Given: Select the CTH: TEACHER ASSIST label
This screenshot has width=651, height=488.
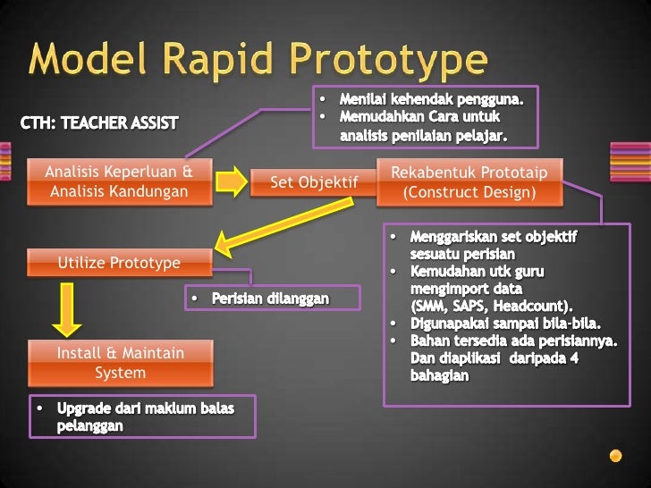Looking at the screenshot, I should (x=98, y=122).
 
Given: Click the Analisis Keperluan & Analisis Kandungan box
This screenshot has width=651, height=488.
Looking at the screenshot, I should (x=119, y=181).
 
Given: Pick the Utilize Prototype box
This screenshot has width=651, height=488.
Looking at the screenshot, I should (x=119, y=263).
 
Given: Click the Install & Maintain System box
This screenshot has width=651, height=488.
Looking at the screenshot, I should (x=120, y=362).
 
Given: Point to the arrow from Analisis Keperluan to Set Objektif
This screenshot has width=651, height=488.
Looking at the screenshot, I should (x=232, y=181).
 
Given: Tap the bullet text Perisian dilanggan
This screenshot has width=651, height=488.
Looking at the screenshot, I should (x=270, y=298).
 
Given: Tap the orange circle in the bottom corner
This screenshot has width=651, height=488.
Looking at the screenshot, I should (x=615, y=455).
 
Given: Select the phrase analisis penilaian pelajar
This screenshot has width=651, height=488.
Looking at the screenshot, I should (x=423, y=136).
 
